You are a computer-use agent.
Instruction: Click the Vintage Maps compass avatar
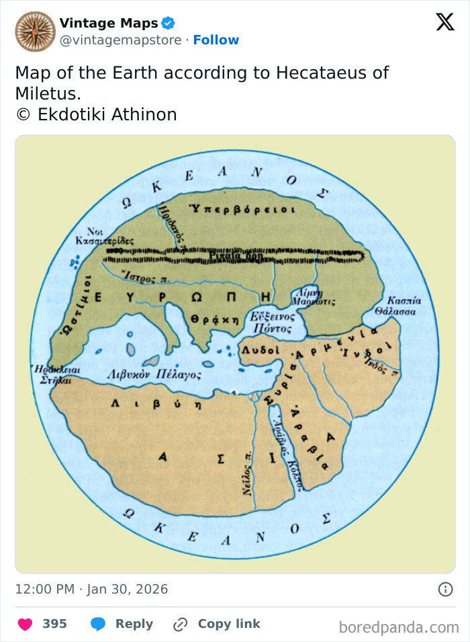35,32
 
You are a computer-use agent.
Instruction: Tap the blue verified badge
168,24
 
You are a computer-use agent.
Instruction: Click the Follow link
216,40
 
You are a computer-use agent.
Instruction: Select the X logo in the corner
444,23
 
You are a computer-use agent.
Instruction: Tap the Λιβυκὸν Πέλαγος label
154,374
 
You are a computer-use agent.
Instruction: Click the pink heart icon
25,624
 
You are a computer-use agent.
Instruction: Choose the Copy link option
216,624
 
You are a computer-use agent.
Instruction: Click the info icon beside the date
445,590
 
